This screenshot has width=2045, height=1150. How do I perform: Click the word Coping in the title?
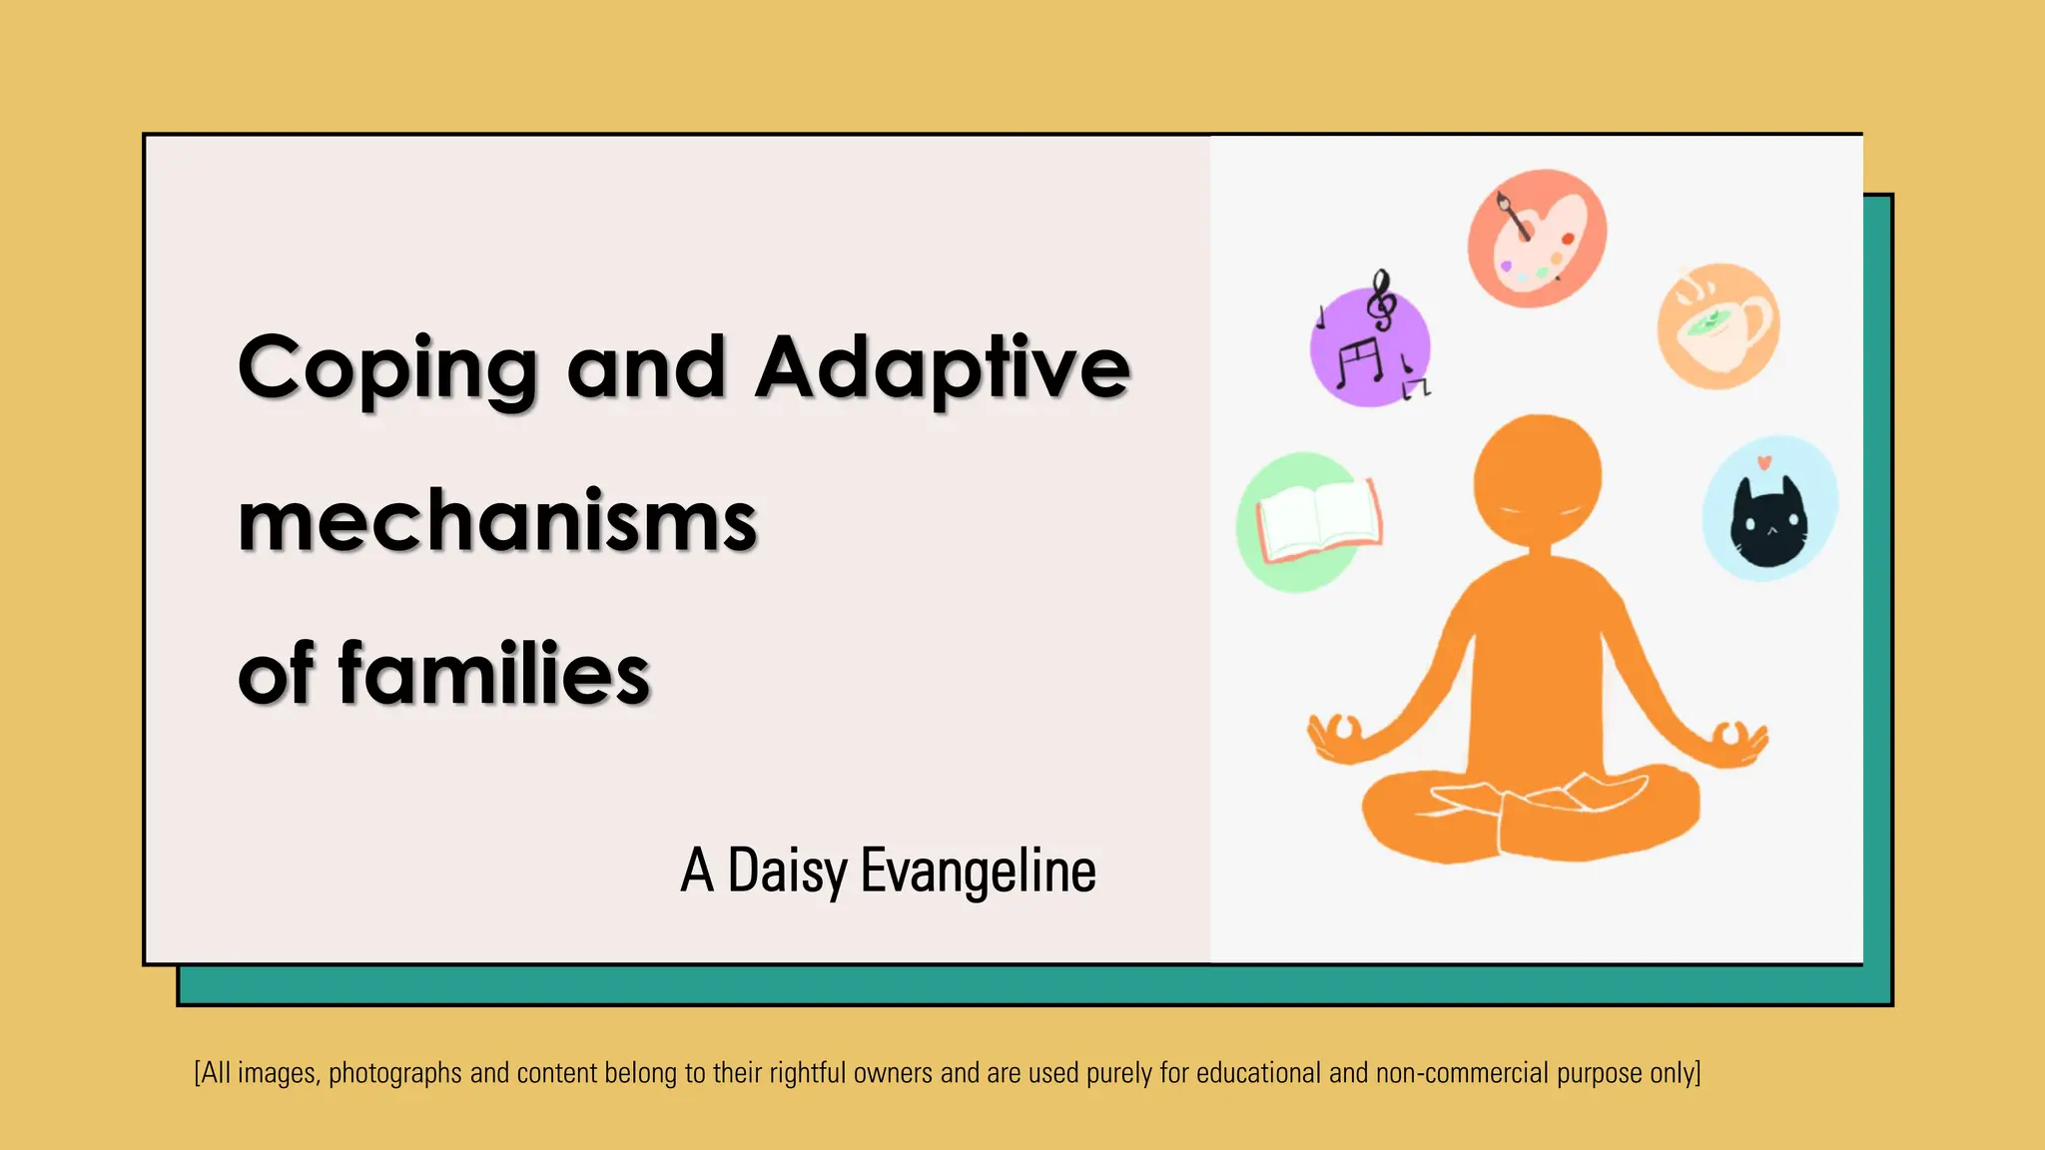(x=387, y=368)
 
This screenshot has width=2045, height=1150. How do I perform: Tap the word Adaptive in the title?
(x=943, y=368)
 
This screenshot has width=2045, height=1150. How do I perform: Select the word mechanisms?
(x=497, y=522)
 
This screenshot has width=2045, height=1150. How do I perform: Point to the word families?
(x=494, y=674)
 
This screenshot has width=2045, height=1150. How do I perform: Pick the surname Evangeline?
(x=978, y=871)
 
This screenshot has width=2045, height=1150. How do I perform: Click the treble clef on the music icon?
(x=1382, y=300)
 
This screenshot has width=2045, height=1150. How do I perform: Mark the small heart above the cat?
(x=1764, y=462)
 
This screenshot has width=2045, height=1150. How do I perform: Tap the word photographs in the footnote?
(x=395, y=1074)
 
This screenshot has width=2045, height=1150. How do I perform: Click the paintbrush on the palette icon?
(x=1513, y=216)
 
